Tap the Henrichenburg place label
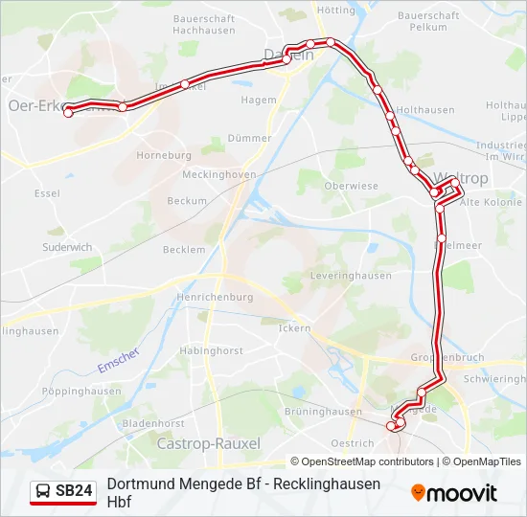(x=215, y=297)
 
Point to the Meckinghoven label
(x=218, y=174)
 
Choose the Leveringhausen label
(x=351, y=276)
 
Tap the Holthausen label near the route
(x=424, y=110)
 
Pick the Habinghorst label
(x=210, y=350)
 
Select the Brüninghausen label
(x=323, y=412)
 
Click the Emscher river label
(x=118, y=360)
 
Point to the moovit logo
(x=454, y=493)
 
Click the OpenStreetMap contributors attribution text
(x=364, y=461)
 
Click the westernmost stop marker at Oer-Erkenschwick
(x=68, y=113)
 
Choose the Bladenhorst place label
(x=153, y=423)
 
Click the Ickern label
(x=295, y=327)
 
